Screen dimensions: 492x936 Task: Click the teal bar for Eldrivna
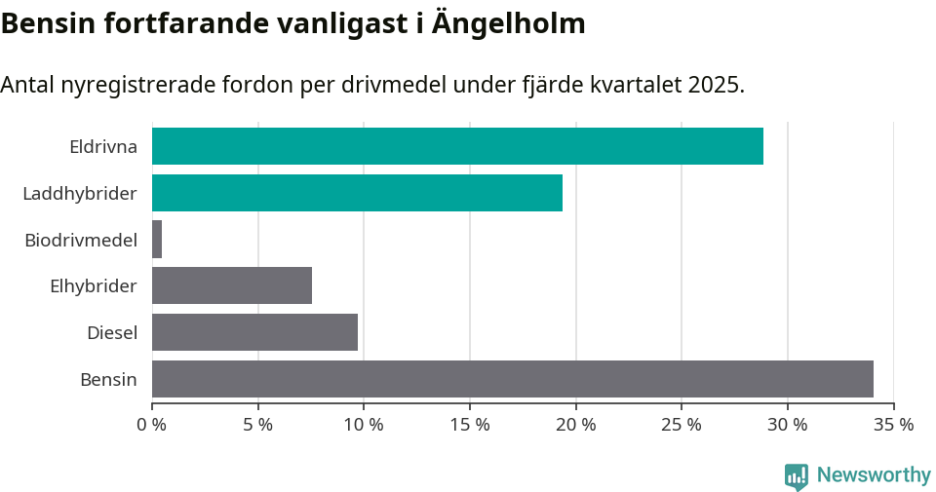457,146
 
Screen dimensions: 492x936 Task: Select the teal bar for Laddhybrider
357,193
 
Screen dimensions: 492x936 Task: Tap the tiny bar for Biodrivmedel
157,239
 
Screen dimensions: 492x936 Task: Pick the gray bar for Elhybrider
232,285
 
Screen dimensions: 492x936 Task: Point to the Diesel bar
254,332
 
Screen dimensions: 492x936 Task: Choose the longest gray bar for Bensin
512,379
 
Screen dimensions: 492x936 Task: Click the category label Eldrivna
102,147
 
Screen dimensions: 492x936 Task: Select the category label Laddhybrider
79,194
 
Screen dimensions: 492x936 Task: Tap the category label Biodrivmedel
80,240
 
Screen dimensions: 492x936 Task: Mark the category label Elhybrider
93,286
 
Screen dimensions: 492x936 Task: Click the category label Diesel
111,333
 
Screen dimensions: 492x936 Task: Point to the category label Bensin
108,380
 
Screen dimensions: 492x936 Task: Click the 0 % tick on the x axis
152,425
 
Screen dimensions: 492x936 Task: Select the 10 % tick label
364,425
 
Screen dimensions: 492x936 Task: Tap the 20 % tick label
575,425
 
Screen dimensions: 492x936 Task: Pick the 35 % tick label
893,425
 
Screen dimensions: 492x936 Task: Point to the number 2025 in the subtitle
714,85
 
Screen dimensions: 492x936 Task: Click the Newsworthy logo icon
796,475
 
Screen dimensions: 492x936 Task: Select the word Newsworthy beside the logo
874,475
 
